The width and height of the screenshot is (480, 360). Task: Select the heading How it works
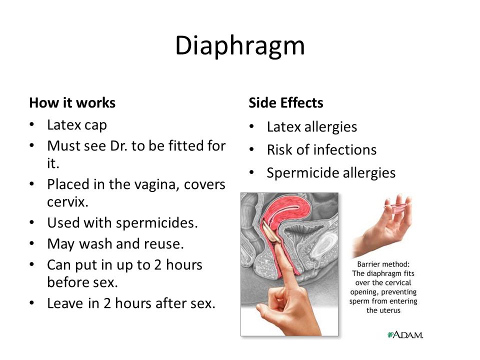coord(72,103)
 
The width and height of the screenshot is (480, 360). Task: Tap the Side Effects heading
coord(285,103)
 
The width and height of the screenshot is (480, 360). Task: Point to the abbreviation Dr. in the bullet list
coord(119,145)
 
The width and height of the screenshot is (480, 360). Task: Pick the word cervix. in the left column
coord(67,202)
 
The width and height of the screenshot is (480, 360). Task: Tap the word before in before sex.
coord(67,282)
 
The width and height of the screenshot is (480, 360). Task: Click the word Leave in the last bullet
coord(65,303)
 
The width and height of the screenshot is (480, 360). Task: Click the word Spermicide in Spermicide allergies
coord(303,173)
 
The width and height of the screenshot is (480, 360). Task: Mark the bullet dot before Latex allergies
coord(251,126)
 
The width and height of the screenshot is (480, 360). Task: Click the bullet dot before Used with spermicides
coord(32,222)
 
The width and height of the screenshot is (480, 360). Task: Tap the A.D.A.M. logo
coord(405,334)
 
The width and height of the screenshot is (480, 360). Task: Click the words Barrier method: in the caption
coord(383,264)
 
